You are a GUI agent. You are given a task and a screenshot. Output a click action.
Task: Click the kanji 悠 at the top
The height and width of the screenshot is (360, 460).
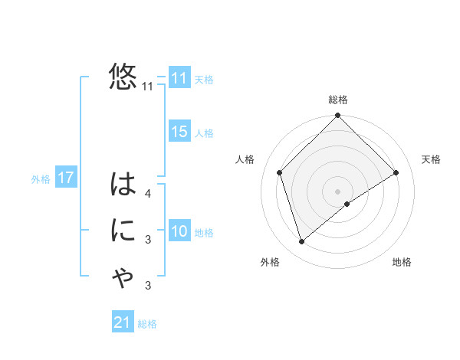coord(123,77)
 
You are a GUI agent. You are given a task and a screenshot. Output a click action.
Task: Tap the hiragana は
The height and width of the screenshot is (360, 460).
coord(123,185)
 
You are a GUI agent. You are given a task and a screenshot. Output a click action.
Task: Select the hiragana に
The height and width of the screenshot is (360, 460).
coord(123,231)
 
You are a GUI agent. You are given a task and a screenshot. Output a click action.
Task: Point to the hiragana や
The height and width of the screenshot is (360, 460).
coord(123,278)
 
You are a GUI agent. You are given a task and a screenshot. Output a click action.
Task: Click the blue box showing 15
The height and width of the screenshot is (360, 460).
coord(179,132)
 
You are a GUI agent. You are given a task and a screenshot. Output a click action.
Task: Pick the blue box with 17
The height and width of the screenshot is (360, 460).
coord(65,178)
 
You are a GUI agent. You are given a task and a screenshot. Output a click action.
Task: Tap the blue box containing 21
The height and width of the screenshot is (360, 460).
coord(123,322)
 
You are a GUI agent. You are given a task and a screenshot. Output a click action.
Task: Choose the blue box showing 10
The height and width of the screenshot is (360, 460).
coord(179,231)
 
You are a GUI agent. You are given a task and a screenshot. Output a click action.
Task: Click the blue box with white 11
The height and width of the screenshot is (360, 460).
coord(179,78)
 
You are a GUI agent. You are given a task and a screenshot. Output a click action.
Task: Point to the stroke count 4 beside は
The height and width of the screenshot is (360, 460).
coord(148,194)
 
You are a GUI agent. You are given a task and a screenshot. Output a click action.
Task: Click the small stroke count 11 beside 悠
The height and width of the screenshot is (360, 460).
coord(147,87)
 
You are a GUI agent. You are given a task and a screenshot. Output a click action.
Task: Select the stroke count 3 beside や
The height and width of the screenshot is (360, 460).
coord(148,286)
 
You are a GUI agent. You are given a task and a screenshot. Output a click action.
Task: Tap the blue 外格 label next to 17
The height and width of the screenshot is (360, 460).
coord(41,179)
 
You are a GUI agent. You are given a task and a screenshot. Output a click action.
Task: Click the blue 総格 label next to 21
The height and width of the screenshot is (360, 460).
coord(147,323)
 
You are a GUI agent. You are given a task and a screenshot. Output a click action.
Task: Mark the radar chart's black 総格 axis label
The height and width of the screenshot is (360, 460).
coord(337,100)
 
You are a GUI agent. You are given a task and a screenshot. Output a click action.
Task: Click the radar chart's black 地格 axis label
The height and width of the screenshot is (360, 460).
coord(402,262)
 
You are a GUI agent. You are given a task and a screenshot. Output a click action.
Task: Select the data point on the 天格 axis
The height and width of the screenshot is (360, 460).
coord(396,172)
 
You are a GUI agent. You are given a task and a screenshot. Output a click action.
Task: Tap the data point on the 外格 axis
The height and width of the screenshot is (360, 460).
coord(302,242)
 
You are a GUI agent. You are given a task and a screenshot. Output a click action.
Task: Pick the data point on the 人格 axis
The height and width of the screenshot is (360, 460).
coord(280,172)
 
